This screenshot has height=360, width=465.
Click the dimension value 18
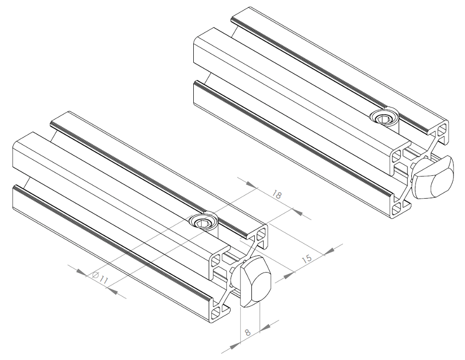[x=277, y=195]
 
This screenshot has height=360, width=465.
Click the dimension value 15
[x=307, y=259]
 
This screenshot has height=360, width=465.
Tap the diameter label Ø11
[x=100, y=278]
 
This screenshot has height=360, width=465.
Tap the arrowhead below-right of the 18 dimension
[x=297, y=212]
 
